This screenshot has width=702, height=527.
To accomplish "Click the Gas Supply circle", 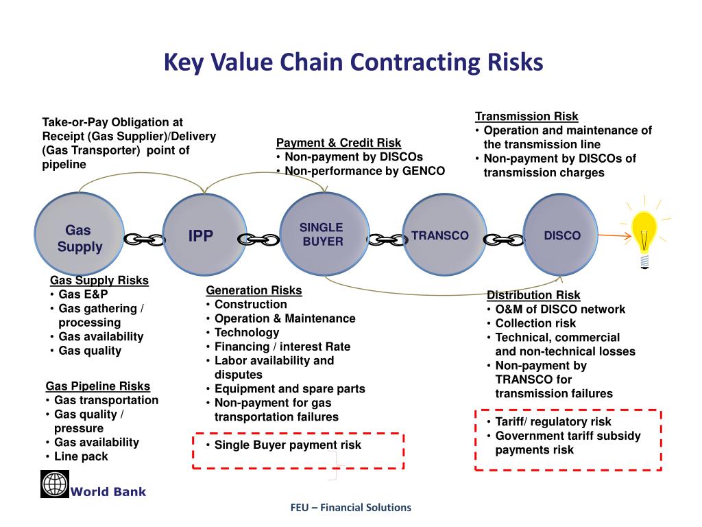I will coord(80,237).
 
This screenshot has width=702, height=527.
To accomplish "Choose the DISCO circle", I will coord(561,235).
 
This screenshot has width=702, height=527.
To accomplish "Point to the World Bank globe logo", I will coord(55,484).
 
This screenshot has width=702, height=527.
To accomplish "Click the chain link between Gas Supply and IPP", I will coord(145,239).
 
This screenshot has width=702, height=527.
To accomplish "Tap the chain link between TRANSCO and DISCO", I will coord(503,239).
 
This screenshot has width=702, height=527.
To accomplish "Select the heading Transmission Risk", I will coord(526,117).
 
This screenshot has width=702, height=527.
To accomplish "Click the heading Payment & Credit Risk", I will coord(339,143).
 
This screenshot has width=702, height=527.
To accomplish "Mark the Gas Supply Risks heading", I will coord(99,280).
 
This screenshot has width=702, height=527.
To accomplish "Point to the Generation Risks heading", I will coord(254,290).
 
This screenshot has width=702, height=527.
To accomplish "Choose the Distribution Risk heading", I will coord(533,295).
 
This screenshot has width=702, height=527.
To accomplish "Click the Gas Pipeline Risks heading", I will coord(98,386).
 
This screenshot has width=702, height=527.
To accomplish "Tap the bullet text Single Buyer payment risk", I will coord(287,445).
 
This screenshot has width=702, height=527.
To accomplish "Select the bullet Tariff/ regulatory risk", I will coord(553,421).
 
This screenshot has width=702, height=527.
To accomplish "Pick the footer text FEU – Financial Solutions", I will coord(350,508).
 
